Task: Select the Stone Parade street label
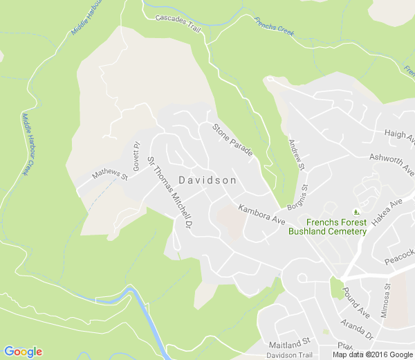(232, 139)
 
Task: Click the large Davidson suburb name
(207, 180)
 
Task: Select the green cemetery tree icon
(357, 211)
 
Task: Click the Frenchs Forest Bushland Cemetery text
(327, 226)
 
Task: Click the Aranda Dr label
(357, 329)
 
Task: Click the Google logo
(23, 352)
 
